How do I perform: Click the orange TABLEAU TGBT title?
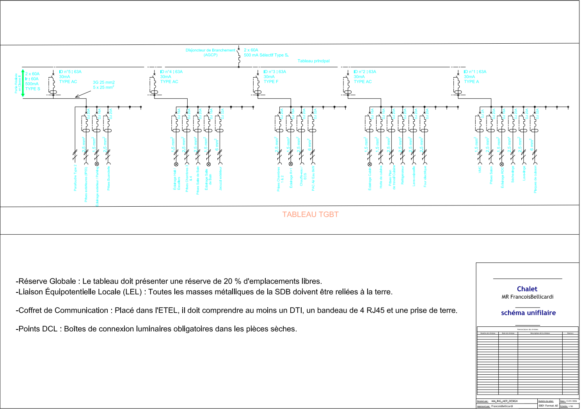[310, 214]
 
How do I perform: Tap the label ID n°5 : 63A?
[70, 72]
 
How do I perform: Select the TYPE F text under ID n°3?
[271, 82]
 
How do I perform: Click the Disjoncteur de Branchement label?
[210, 50]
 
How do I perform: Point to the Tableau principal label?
[313, 61]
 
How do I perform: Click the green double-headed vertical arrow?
[23, 83]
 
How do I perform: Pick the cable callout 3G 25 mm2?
[104, 83]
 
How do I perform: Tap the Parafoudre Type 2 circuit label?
[75, 177]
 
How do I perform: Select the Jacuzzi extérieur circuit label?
[220, 179]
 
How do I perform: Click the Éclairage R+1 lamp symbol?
[290, 164]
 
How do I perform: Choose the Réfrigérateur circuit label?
[403, 175]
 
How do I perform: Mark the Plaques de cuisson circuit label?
[535, 179]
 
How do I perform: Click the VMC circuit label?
[480, 170]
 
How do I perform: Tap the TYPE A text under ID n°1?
[471, 82]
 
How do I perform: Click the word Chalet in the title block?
[527, 289]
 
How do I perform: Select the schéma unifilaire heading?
[528, 313]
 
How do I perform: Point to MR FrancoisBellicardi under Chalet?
[527, 297]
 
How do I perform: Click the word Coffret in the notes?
[35, 311]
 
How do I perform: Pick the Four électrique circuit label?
[425, 177]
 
